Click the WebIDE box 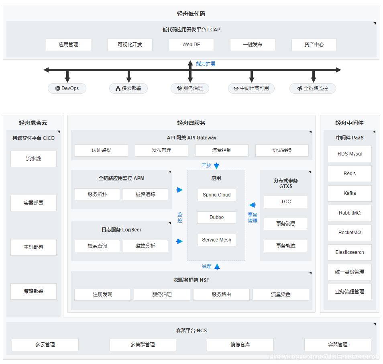191,45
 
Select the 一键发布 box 253,45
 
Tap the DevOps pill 67,88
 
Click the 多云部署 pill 128,88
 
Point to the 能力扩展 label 206,64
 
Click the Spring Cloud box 216,195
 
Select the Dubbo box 216,217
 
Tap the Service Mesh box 216,240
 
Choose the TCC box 286,202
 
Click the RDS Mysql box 349,154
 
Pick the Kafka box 349,193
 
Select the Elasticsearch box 349,252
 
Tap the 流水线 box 33,159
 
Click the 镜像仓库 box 240,345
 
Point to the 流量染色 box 281,294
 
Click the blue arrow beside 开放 217,166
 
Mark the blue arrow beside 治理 217,266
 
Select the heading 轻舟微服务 191,123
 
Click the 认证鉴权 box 101,150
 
